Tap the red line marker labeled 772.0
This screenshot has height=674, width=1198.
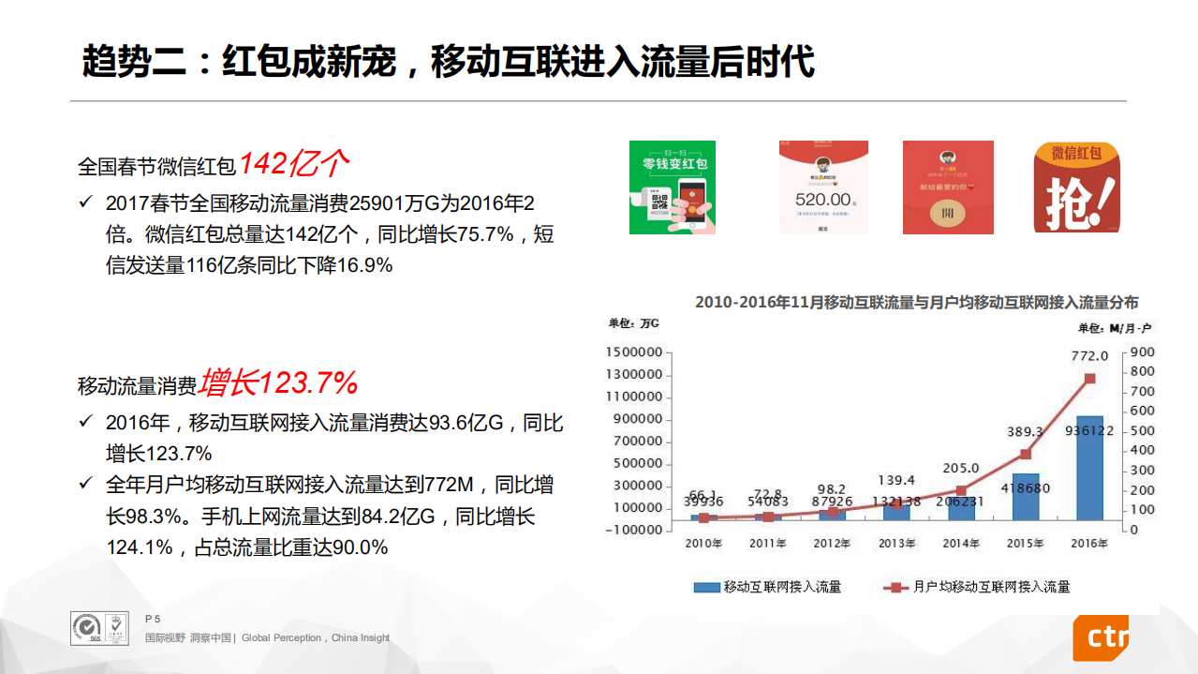click(x=1089, y=379)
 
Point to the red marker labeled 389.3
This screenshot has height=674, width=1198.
click(x=1025, y=455)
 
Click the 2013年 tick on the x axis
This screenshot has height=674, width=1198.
click(x=896, y=543)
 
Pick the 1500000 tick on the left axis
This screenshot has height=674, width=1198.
click(x=634, y=352)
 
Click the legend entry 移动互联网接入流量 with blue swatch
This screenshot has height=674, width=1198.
click(x=767, y=587)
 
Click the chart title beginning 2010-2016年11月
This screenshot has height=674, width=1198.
click(x=916, y=303)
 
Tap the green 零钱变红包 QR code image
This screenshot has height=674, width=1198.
click(x=672, y=187)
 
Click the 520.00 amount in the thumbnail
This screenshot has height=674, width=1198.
click(x=822, y=200)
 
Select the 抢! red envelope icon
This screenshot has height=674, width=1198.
click(x=1077, y=187)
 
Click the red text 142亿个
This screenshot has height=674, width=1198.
click(x=293, y=164)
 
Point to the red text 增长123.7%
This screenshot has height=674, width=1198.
click(x=277, y=382)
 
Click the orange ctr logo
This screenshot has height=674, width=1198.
click(x=1102, y=637)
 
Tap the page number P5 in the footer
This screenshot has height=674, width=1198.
click(x=153, y=619)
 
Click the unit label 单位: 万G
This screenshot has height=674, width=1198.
click(x=634, y=324)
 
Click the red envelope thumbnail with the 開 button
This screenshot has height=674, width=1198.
click(x=948, y=187)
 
